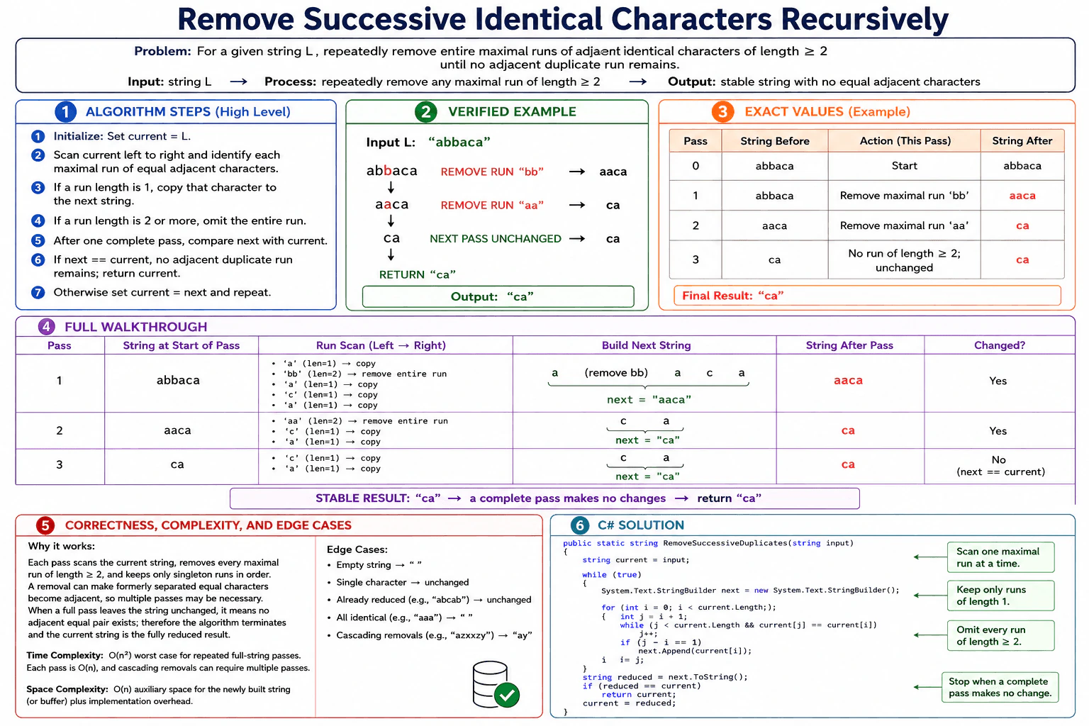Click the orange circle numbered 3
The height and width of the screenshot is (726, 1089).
(722, 111)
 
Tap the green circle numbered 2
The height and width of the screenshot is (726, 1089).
(426, 111)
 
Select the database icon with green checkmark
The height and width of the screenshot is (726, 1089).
(496, 684)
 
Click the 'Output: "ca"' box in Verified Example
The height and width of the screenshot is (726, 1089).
(498, 296)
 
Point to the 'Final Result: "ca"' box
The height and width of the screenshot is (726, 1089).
(867, 296)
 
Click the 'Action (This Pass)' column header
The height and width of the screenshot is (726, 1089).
(905, 141)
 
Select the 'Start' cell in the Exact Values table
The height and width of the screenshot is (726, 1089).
(904, 166)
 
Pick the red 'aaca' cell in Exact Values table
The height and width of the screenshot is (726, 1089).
(1022, 196)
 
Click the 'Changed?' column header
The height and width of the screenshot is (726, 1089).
(999, 345)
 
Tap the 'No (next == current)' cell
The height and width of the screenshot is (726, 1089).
(1000, 466)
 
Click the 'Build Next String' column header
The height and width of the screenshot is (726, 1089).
(646, 345)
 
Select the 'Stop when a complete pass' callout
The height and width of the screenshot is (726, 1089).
(1000, 687)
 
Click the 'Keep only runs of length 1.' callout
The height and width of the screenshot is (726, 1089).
(1000, 596)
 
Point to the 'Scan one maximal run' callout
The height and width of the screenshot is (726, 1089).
(1000, 557)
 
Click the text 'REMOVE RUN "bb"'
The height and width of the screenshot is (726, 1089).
(492, 172)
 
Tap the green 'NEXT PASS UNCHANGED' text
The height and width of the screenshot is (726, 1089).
(496, 239)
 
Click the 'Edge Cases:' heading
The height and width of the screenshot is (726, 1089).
(357, 549)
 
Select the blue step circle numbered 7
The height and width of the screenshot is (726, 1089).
(38, 292)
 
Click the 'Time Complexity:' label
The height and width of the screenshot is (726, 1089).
(65, 656)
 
